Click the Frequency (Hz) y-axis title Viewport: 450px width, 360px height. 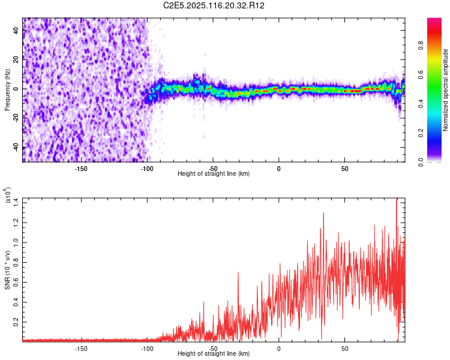[7, 89]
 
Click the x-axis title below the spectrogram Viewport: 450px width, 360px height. [214, 173]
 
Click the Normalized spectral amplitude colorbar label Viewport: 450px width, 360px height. [446, 89]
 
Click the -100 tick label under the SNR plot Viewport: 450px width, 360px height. [147, 348]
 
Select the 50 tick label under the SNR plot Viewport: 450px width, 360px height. [344, 348]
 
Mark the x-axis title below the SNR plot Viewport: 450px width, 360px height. [214, 354]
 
